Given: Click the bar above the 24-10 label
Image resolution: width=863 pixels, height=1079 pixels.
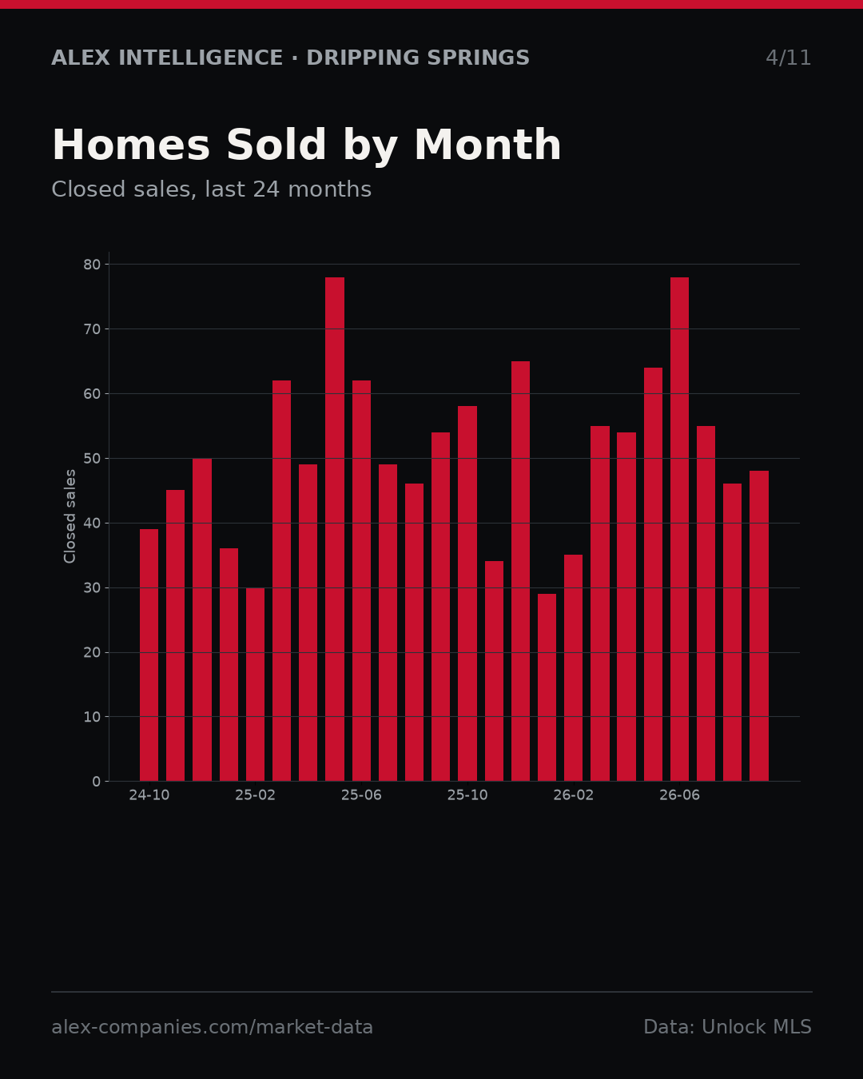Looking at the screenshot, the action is (x=149, y=655).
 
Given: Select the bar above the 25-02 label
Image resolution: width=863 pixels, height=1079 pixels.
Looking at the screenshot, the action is (x=255, y=684).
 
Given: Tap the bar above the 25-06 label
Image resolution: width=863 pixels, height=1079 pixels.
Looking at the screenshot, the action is (x=361, y=580).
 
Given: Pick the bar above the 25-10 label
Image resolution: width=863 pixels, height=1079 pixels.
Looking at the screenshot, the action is (x=467, y=594).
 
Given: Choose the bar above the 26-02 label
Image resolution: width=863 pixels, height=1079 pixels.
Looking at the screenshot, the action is (x=573, y=668).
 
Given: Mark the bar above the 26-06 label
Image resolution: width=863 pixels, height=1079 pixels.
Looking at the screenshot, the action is (x=679, y=529).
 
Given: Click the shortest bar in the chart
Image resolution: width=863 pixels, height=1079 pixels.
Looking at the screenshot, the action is (x=547, y=687).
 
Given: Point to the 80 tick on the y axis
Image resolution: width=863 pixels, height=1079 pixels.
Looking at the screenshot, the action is (x=92, y=265).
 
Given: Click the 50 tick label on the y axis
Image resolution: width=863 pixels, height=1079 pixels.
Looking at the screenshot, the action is (x=92, y=458).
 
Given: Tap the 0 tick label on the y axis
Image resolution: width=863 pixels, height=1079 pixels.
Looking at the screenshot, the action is (x=97, y=781).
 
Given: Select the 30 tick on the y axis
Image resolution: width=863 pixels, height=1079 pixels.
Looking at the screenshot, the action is (x=92, y=587).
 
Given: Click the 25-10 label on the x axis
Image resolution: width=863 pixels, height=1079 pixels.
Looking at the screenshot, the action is (x=467, y=795).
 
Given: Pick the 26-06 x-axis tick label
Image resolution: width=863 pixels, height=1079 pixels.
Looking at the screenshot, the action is (x=679, y=795).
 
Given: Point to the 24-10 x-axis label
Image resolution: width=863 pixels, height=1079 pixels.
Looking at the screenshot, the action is (x=149, y=795).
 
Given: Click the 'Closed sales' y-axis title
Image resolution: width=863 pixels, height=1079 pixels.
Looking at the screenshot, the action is (x=70, y=516).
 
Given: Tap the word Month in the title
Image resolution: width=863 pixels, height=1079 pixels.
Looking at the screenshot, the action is (x=487, y=145).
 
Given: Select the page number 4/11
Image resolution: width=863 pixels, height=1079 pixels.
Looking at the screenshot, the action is (x=788, y=58).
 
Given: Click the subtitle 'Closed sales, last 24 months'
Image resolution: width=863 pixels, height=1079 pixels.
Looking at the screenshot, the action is (x=211, y=189).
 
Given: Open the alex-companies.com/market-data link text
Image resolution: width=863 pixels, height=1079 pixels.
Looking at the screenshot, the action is (x=212, y=1027).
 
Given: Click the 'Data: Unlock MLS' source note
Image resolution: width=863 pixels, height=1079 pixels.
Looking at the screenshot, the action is (x=727, y=1027).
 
